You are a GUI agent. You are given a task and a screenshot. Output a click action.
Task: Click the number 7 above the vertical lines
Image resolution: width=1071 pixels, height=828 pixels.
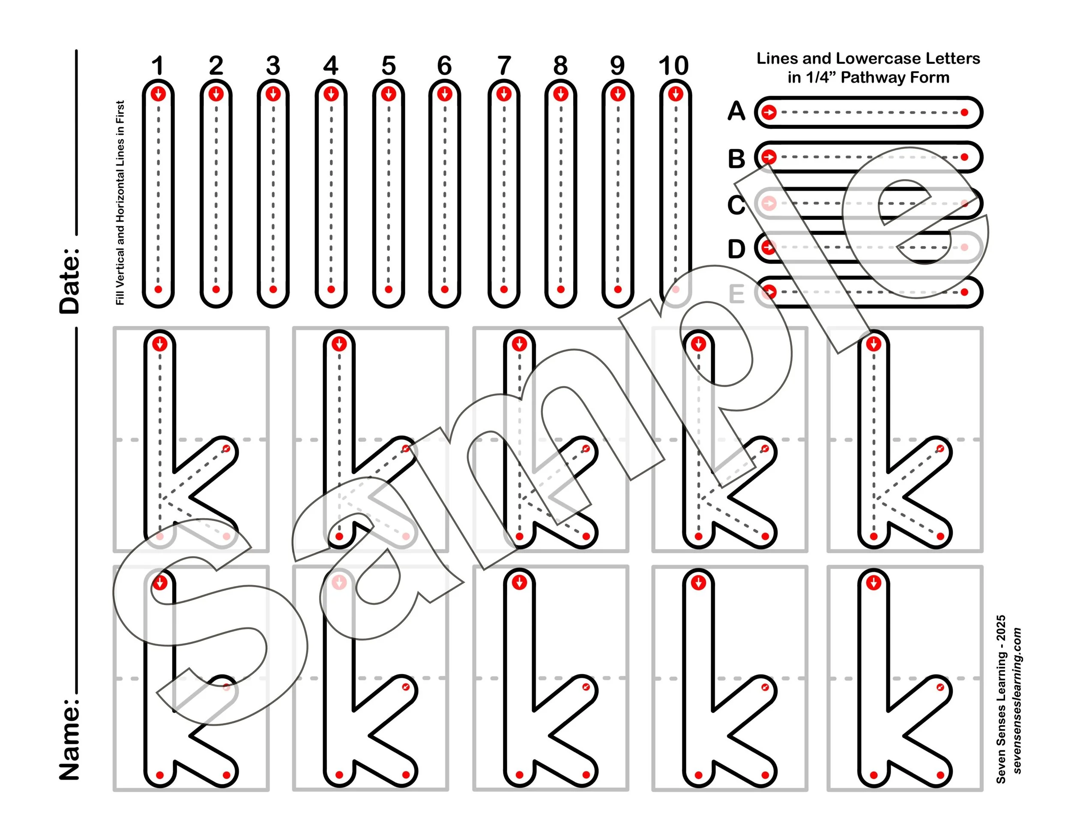click(504, 66)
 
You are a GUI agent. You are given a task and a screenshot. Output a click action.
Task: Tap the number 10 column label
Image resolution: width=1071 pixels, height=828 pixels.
click(673, 66)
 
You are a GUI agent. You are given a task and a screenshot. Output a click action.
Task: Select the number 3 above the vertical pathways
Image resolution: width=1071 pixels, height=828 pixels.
click(273, 66)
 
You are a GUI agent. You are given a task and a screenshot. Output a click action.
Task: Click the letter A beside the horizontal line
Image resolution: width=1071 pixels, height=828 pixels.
click(736, 111)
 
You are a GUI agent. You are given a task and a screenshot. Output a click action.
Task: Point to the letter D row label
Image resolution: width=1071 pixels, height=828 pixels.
click(736, 249)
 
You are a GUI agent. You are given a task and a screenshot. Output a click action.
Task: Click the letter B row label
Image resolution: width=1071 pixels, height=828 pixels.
click(736, 159)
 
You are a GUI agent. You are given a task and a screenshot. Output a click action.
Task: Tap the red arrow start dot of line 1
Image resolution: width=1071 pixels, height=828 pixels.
click(158, 94)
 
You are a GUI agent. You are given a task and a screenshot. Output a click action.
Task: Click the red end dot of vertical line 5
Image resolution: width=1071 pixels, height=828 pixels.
click(389, 289)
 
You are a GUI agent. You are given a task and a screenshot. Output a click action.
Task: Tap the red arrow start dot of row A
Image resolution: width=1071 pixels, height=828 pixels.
click(769, 113)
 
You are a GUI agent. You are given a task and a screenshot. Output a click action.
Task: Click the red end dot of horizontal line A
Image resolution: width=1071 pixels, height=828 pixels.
click(964, 113)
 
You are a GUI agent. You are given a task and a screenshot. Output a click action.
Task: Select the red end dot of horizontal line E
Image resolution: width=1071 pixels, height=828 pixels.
click(964, 292)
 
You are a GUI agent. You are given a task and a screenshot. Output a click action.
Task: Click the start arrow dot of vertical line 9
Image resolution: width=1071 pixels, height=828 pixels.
click(617, 94)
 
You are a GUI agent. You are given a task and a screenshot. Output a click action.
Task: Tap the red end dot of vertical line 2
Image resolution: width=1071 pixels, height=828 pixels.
click(216, 289)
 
